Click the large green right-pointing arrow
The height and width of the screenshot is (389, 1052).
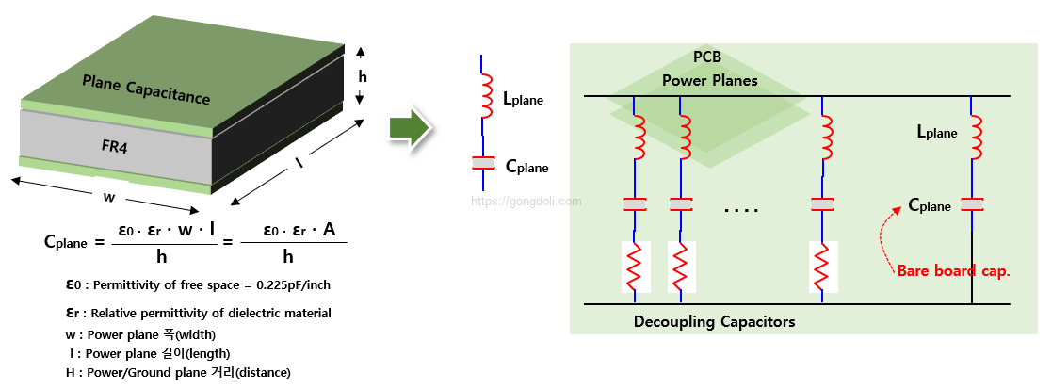[410, 126]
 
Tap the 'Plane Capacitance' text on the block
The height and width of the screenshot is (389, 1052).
[146, 89]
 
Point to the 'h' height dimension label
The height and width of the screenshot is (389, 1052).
[363, 76]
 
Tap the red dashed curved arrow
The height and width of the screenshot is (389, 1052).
[885, 238]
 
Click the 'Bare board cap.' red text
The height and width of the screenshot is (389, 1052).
[953, 272]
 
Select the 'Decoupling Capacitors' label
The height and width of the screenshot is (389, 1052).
[715, 322]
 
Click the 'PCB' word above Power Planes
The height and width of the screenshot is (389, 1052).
[708, 57]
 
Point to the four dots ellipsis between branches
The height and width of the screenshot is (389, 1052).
[741, 211]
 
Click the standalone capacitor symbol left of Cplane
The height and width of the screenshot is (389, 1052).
[481, 163]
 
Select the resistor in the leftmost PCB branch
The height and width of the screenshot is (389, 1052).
[635, 267]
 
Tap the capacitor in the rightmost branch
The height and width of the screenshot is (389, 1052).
[972, 204]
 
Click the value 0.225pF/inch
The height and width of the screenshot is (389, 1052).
[294, 285]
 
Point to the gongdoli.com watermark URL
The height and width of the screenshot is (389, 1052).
[526, 201]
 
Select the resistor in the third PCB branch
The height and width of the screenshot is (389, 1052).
[822, 267]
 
